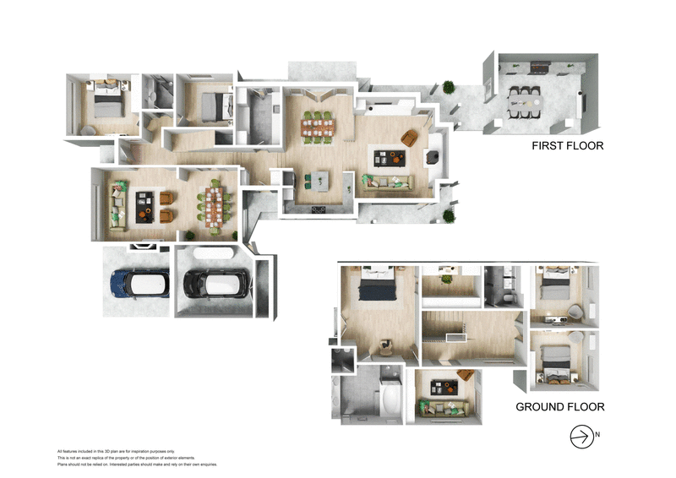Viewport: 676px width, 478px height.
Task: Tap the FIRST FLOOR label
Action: [x=567, y=146]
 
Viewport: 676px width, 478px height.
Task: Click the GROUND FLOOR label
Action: [x=560, y=407]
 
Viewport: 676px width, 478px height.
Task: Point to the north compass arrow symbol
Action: [x=581, y=437]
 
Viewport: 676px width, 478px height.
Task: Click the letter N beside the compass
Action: [x=597, y=437]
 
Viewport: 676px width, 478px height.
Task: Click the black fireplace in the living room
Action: [x=430, y=156]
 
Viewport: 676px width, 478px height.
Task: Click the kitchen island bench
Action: [x=320, y=179]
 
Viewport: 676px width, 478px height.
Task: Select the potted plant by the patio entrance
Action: [x=448, y=87]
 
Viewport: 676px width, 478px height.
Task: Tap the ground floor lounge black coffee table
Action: [x=442, y=388]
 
